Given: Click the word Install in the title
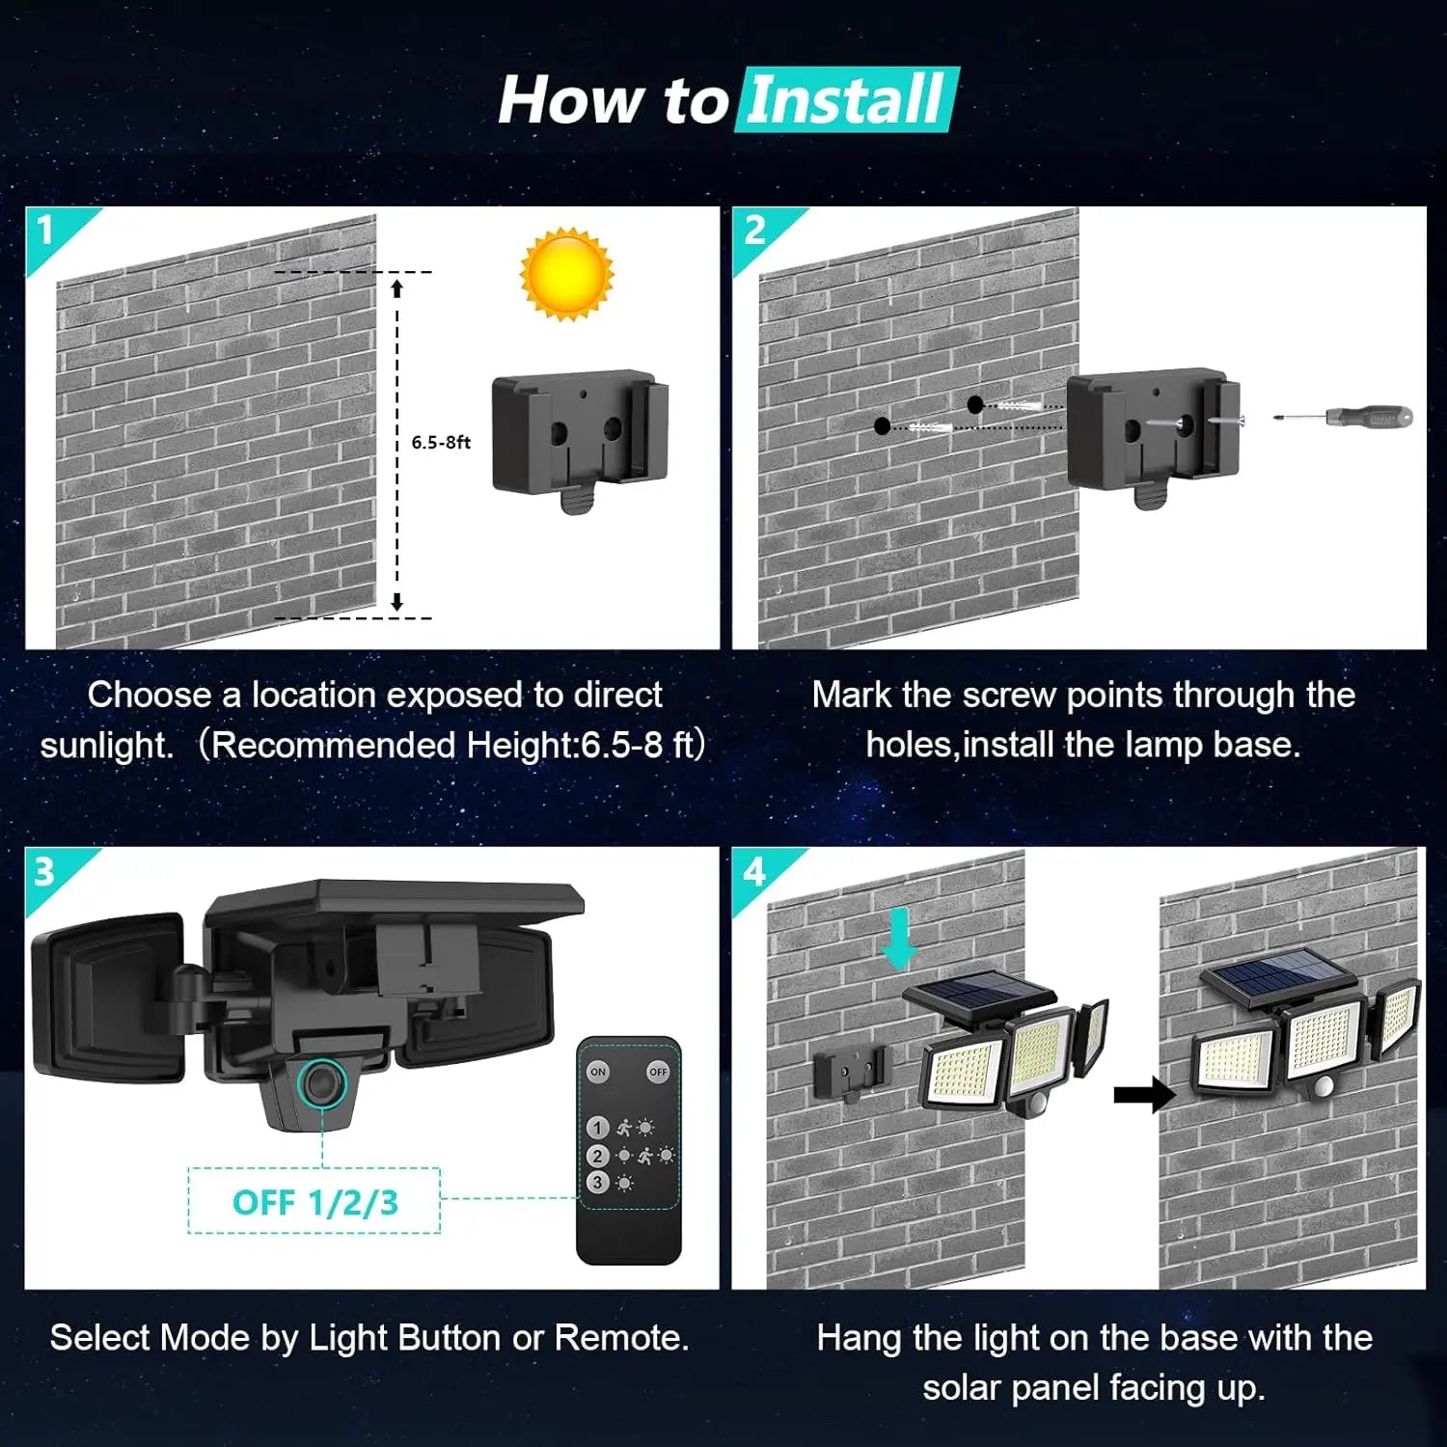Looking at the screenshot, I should (845, 100).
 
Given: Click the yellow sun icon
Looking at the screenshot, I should (566, 273).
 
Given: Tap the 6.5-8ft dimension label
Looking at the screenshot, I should (441, 442).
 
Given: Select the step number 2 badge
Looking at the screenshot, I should (754, 231).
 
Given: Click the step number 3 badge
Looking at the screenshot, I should (44, 872).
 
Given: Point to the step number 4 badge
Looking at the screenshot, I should (754, 872).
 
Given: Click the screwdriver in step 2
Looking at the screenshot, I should (1345, 418).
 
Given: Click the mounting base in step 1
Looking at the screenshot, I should (580, 435).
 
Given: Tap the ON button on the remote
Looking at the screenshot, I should (598, 1072).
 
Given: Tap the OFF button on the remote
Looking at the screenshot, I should (658, 1072).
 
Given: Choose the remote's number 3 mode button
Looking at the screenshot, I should (597, 1182).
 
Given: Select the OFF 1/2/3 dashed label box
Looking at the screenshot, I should (314, 1202).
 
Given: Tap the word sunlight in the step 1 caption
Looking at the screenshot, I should (106, 745).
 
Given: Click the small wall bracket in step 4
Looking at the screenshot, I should (851, 1072).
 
